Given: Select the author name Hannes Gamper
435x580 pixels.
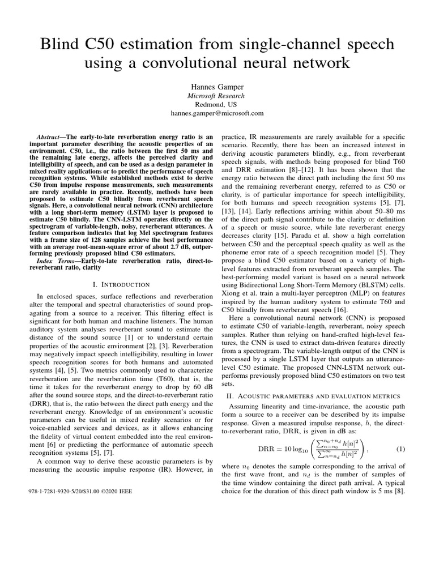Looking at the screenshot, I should [x=217, y=87].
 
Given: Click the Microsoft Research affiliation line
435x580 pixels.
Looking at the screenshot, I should [x=217, y=96].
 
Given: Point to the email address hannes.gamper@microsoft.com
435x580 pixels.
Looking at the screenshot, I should [x=217, y=113].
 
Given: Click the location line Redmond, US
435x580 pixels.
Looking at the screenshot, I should [x=217, y=104].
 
